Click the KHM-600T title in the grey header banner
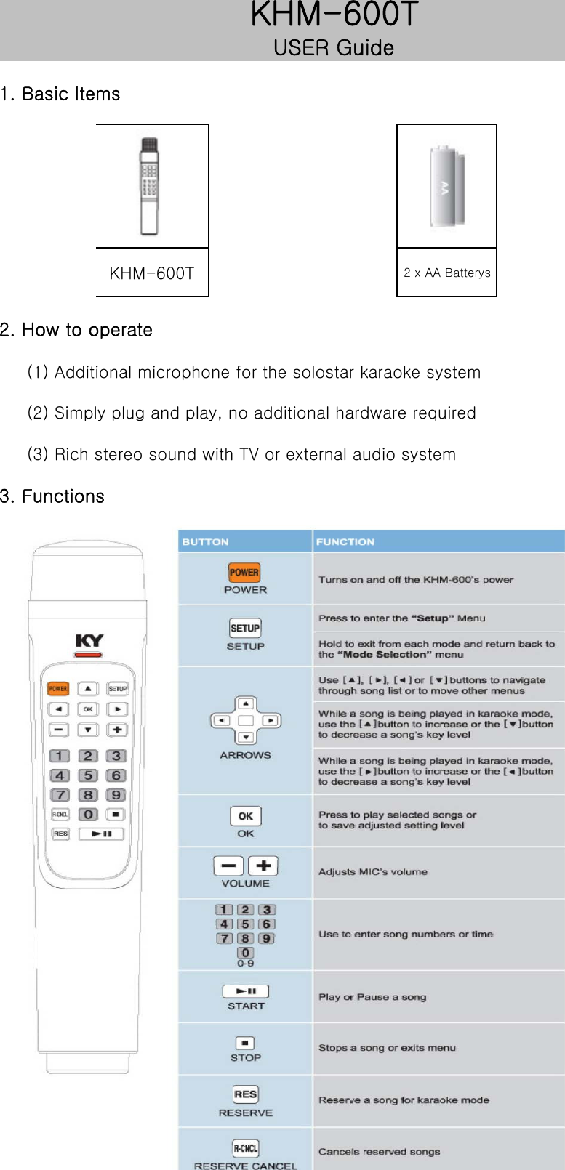334,15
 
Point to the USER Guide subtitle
334,48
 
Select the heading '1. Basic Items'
60,94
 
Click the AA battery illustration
446,186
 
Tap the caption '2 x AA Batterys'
446,273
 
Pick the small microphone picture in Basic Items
150,186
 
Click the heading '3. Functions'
52,496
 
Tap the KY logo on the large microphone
89,640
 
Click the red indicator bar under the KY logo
89,655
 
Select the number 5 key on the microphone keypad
88,775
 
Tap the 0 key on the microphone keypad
88,815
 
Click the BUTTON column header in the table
205,542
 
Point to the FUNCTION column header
345,542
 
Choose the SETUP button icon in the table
245,629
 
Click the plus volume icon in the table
263,866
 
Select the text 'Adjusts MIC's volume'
372,872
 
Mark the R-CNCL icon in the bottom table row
245,1148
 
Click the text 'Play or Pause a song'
372,997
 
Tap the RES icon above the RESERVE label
245,1094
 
